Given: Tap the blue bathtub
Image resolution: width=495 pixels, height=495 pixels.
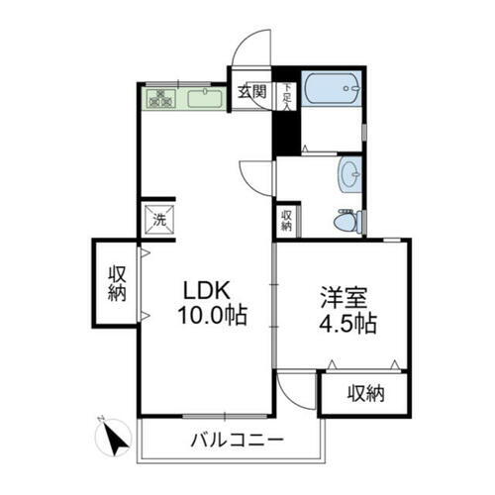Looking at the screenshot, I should (331, 90).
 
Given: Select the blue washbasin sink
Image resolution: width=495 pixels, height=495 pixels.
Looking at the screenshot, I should (349, 176).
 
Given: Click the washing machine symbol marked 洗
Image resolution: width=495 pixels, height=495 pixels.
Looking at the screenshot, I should (159, 220).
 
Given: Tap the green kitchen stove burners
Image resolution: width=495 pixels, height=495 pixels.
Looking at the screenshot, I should (160, 98).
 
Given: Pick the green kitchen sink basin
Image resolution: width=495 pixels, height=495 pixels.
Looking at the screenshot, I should (206, 98).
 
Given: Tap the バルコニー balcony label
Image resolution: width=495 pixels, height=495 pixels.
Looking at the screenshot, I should (237, 438).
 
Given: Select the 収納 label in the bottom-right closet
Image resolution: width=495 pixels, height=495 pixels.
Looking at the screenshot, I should (364, 394).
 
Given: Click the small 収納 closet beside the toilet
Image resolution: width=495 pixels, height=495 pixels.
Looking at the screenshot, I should (285, 221).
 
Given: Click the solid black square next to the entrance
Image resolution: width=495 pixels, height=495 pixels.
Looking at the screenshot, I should (285, 138).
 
